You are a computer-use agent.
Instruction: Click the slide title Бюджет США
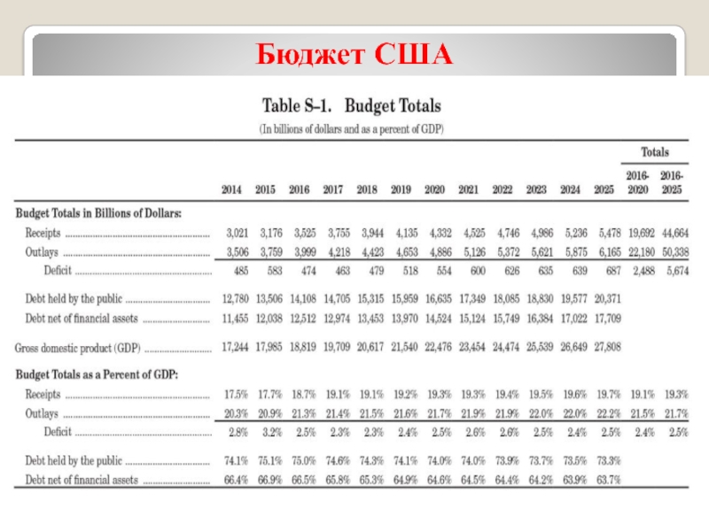(355, 56)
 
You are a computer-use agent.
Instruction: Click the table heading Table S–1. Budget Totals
(352, 107)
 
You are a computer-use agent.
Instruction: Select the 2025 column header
(604, 189)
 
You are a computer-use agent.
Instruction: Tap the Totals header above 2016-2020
(655, 152)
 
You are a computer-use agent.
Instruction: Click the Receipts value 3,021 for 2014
(237, 234)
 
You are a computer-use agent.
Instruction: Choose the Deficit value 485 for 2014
(239, 271)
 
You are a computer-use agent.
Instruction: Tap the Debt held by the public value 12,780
(235, 299)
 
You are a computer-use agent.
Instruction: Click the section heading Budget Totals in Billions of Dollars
(98, 214)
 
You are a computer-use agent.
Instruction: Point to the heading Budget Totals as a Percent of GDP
(97, 375)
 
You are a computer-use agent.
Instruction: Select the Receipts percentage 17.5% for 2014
(236, 395)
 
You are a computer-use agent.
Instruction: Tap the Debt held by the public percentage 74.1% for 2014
(236, 461)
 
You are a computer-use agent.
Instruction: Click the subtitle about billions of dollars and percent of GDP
(351, 129)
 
